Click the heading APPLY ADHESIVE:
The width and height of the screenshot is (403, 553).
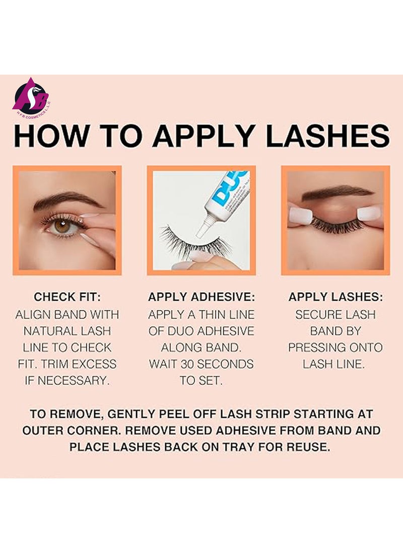pyautogui.click(x=201, y=297)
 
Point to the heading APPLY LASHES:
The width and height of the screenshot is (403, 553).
pyautogui.click(x=335, y=297)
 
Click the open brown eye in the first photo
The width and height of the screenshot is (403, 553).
pyautogui.click(x=63, y=226)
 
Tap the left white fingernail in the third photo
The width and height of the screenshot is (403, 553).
pyautogui.click(x=301, y=215)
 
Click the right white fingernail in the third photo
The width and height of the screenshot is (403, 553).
pyautogui.click(x=369, y=213)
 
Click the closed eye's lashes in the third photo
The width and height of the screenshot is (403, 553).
pyautogui.click(x=335, y=225)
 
